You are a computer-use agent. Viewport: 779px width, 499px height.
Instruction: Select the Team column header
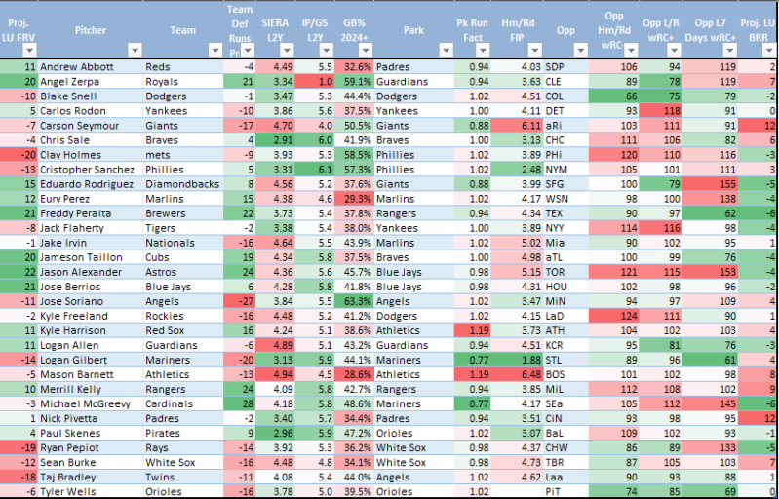tap(182, 30)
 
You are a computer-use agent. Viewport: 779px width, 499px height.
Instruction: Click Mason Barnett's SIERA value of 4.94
tap(283, 375)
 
